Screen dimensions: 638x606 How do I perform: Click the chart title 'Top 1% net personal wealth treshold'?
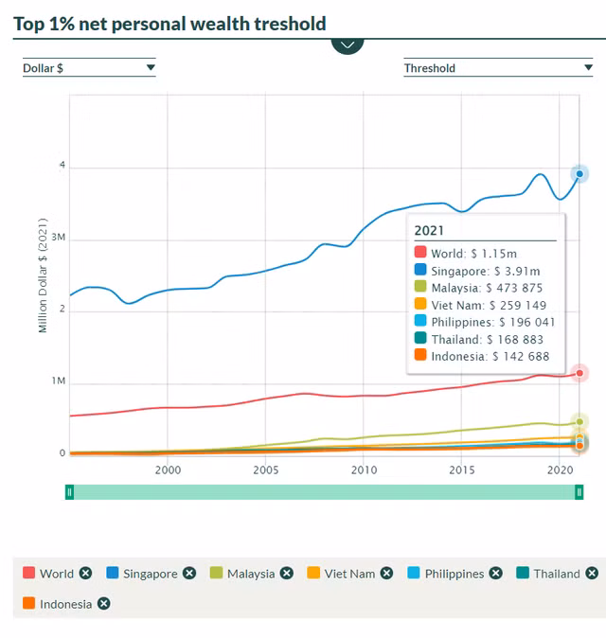[x=169, y=24]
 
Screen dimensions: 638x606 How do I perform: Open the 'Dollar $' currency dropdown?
[x=89, y=67]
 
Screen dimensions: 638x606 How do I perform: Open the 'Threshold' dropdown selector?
[x=498, y=67]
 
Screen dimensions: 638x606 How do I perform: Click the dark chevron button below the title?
[x=348, y=44]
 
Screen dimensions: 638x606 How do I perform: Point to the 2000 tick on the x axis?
[x=168, y=470]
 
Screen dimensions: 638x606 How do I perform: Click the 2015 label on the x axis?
[x=461, y=470]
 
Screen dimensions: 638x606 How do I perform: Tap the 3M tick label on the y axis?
[x=58, y=239]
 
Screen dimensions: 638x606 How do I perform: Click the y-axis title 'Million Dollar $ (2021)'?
[x=43, y=275]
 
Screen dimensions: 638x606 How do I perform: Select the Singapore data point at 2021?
[x=579, y=173]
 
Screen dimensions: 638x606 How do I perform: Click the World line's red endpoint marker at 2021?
[x=579, y=374]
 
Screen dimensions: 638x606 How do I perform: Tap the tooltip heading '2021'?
[x=429, y=230]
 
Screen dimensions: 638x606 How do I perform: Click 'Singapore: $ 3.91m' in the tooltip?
[x=484, y=271]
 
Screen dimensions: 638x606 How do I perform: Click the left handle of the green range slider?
[x=69, y=491]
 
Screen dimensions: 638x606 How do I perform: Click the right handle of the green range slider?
[x=579, y=491]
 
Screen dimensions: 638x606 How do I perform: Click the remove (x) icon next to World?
[x=86, y=574]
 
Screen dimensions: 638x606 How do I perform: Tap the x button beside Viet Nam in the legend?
[x=386, y=574]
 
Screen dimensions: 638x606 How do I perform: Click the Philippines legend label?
[x=454, y=574]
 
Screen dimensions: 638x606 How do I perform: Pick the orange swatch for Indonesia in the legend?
[x=28, y=604]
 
